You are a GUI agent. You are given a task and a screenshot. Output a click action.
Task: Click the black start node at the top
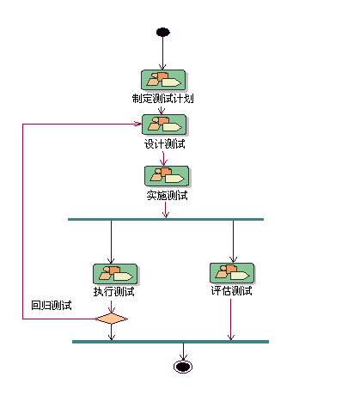click(162, 33)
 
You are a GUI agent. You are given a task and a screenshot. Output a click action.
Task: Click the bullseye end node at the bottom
click(182, 367)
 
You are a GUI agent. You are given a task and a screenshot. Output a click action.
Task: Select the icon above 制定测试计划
click(163, 81)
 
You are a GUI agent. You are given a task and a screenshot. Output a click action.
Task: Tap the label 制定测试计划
click(162, 99)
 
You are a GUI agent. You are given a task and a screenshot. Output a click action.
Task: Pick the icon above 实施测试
click(166, 176)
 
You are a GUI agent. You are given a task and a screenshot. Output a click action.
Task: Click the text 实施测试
click(167, 195)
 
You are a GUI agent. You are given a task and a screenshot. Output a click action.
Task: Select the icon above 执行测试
click(115, 274)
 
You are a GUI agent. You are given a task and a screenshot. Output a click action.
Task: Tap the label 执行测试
click(114, 291)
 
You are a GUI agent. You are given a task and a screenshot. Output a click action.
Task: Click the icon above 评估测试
click(232, 273)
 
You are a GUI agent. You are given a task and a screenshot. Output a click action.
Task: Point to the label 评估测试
click(231, 290)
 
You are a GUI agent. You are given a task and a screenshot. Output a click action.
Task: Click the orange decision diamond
click(111, 319)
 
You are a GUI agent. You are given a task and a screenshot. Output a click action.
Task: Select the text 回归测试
click(52, 305)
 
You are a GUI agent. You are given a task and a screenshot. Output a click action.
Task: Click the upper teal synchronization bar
click(165, 220)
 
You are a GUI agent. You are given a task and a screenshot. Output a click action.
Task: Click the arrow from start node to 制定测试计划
click(162, 53)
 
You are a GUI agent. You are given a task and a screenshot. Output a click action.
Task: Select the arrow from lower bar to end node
click(182, 351)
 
